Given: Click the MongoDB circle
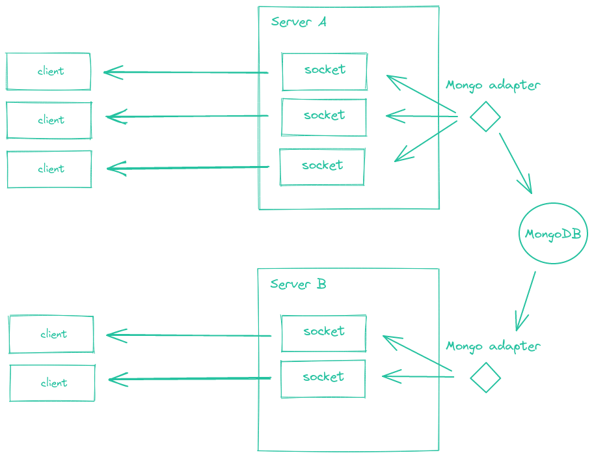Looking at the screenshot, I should [x=553, y=233].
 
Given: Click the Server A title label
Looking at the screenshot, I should [x=299, y=22].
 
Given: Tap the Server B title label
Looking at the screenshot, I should [x=298, y=284].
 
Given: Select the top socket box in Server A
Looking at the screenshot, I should [x=324, y=71].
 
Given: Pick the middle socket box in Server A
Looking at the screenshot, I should [x=323, y=117].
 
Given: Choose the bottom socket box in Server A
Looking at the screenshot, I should [x=321, y=166].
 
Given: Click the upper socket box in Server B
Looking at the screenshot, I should [x=323, y=333].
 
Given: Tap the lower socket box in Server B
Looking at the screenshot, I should [x=323, y=378].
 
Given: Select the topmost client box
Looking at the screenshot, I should [x=49, y=71].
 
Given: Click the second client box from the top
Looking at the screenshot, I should [x=49, y=120].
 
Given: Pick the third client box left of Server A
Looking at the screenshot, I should [x=49, y=169].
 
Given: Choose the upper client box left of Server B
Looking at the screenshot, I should [x=51, y=335].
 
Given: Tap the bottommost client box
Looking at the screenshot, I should [x=52, y=383].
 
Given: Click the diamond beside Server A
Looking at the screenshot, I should [x=485, y=117].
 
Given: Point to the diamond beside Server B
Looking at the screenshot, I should [x=485, y=378].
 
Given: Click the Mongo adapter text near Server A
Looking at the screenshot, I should [x=493, y=85].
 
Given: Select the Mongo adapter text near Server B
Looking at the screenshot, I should [x=493, y=346].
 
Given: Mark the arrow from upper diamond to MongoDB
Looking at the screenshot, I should [x=515, y=163].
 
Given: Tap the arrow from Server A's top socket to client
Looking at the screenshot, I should [x=186, y=72].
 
